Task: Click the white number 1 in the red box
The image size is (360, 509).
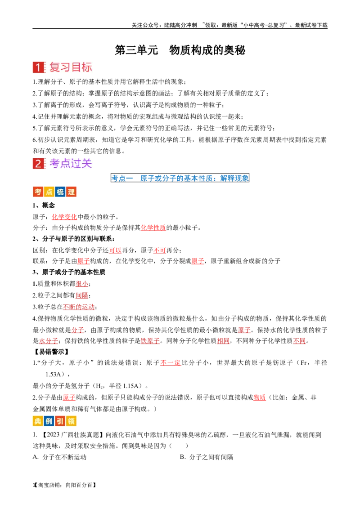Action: pos(39,68)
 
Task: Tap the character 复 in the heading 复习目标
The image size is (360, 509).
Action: pos(55,67)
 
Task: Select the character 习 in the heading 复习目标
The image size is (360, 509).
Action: pos(66,67)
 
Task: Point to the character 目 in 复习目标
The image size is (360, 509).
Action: pos(76,67)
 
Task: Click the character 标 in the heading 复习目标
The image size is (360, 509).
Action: pos(87,67)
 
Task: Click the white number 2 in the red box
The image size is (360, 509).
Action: pos(39,164)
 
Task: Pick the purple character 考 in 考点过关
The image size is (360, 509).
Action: pos(55,164)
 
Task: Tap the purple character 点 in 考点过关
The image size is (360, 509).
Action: pos(66,164)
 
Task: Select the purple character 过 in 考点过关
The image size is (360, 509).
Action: pos(76,164)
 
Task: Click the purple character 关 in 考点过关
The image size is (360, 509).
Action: pos(87,164)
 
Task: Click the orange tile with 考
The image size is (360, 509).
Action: pos(38,192)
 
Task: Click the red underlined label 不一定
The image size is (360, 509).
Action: pos(170,362)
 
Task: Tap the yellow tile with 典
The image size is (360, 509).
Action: pos(38,421)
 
